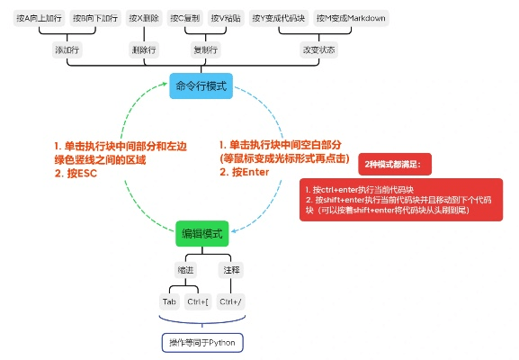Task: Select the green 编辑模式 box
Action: (201, 233)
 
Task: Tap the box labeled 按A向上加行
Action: (39, 18)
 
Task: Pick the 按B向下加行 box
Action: (94, 18)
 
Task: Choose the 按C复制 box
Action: (186, 18)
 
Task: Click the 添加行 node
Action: (67, 50)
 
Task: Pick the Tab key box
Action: (169, 301)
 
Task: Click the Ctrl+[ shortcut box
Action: (198, 301)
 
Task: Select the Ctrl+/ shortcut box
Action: (232, 301)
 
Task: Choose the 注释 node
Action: (231, 269)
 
